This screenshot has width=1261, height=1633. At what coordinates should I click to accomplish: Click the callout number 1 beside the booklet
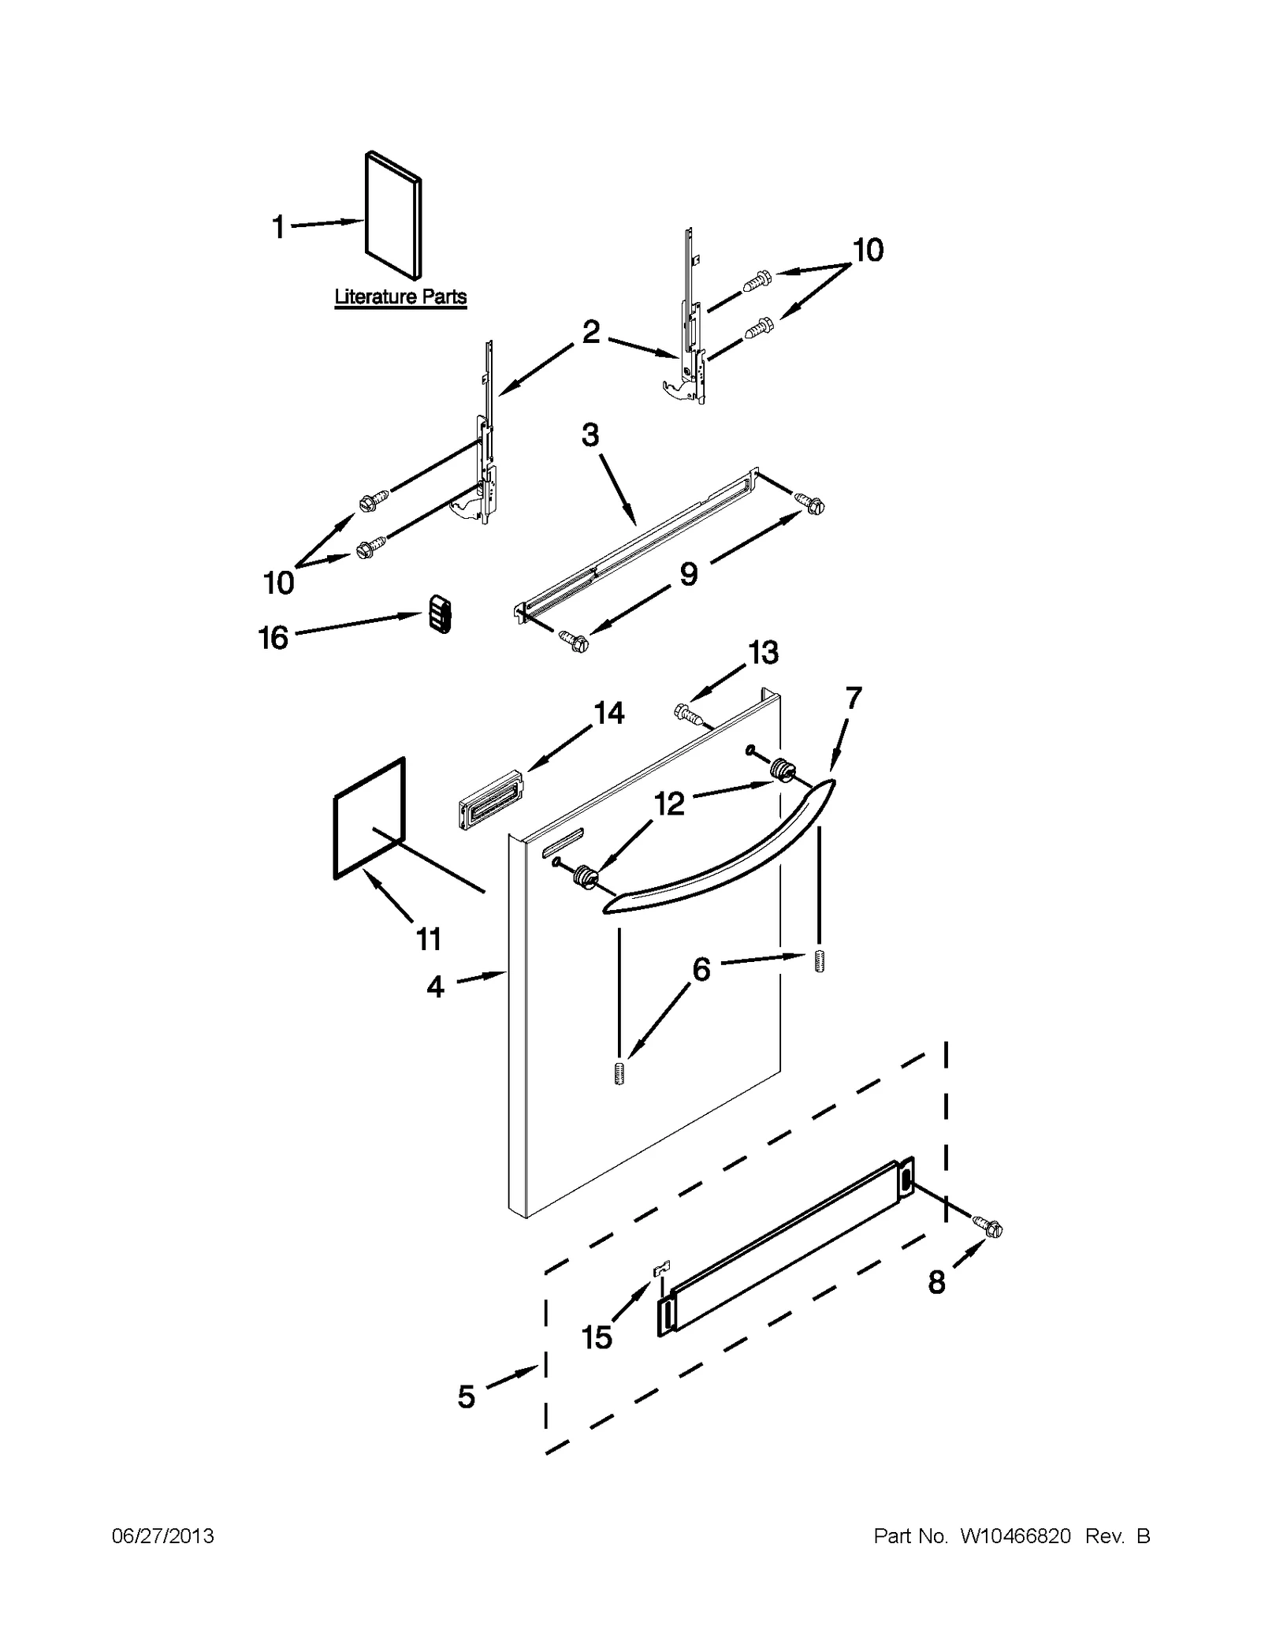277,227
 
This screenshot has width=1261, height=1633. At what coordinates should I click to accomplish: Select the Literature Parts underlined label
400,297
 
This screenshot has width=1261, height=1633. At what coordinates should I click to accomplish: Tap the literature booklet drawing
392,215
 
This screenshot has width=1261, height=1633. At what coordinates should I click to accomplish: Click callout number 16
273,638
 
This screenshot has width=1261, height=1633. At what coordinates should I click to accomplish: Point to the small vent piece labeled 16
440,614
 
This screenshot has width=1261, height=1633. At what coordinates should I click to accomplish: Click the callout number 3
590,435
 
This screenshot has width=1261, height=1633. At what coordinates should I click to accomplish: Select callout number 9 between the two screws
689,574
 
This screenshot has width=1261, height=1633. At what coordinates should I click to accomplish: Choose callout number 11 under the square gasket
429,939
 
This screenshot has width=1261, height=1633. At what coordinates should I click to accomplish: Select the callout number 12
669,805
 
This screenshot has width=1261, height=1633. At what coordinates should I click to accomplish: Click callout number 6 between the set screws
701,968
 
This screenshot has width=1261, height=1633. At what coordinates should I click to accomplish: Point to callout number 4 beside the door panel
436,986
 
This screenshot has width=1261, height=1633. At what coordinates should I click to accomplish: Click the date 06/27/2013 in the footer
163,1536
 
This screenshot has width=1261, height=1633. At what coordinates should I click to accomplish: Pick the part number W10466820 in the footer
1015,1536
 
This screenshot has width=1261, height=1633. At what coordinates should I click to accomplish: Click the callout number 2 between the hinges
591,331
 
